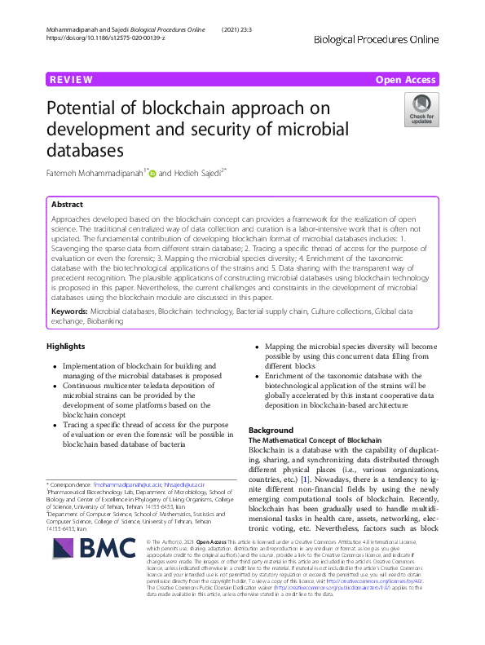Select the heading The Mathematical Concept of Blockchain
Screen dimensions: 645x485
tap(303, 440)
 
